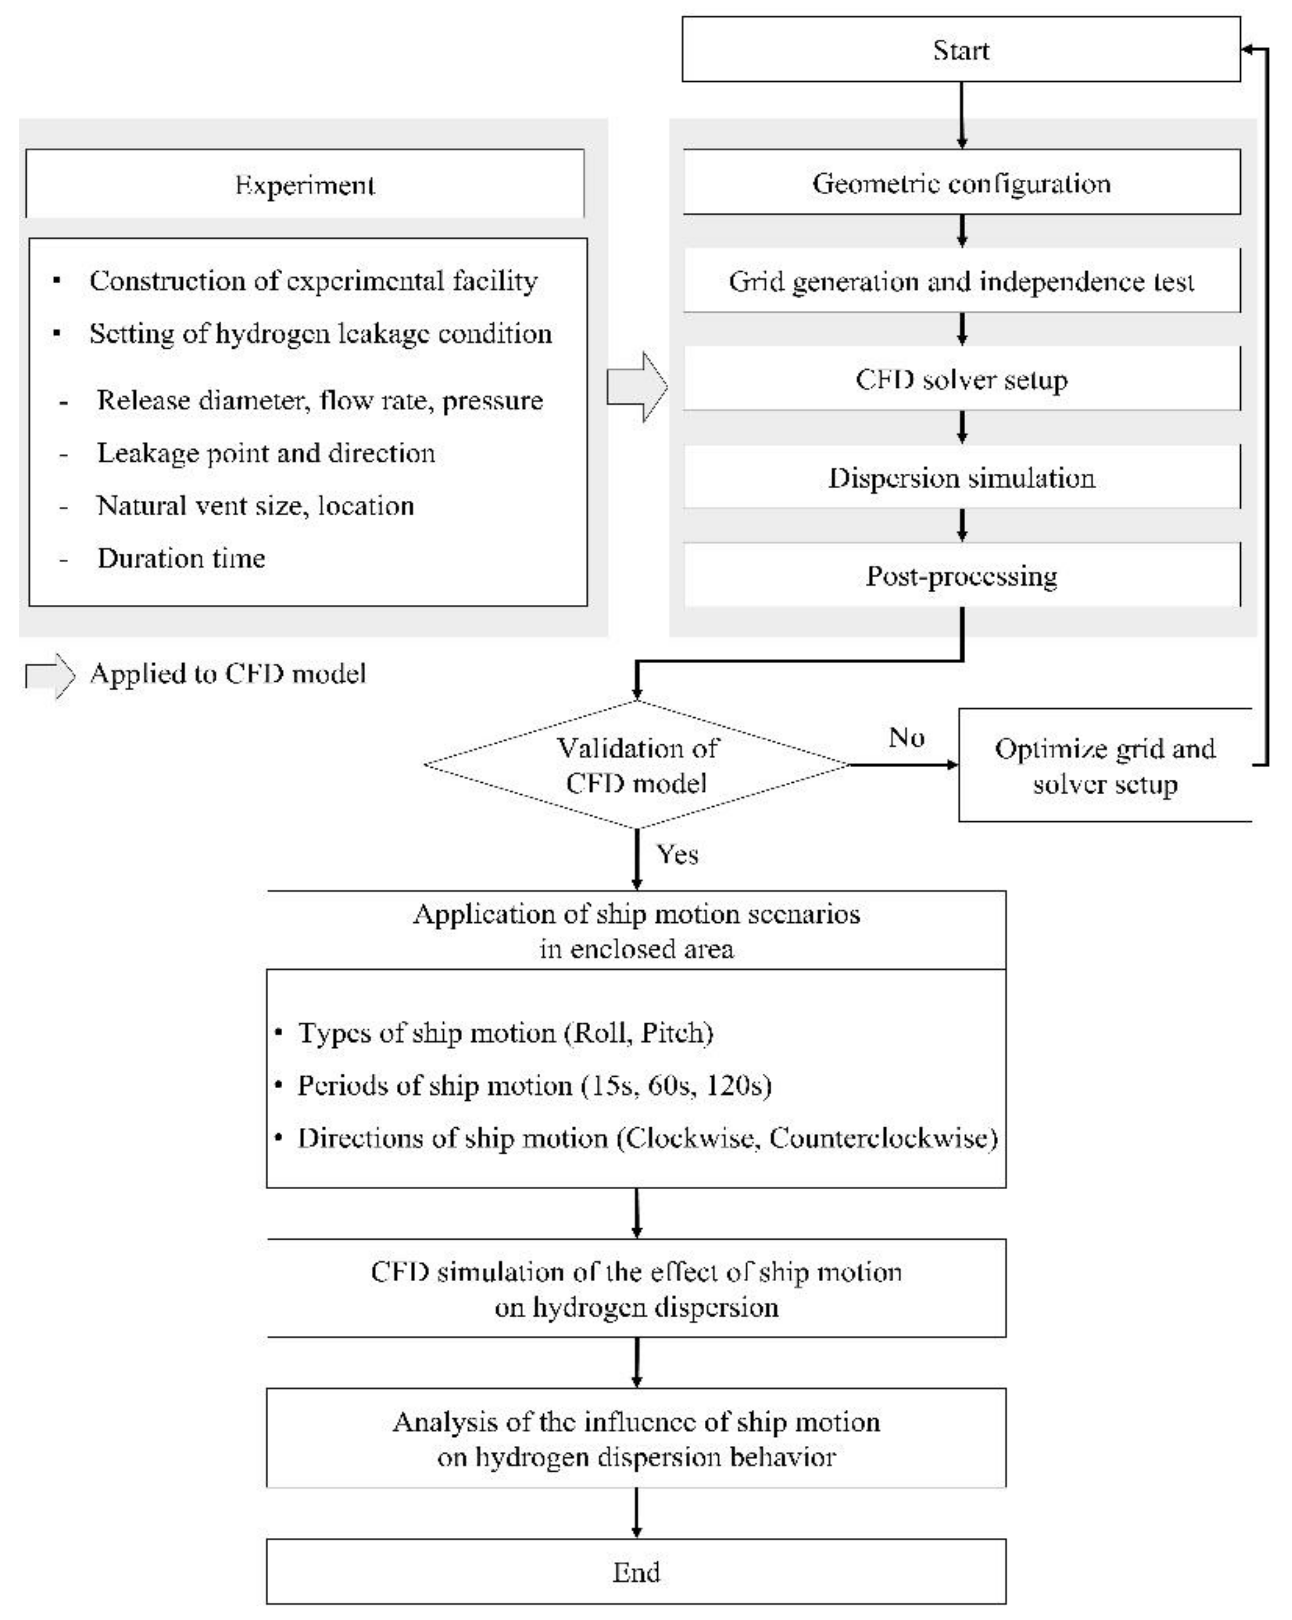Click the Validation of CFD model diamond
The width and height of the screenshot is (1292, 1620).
pyautogui.click(x=636, y=765)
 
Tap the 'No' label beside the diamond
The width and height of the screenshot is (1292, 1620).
pyautogui.click(x=905, y=737)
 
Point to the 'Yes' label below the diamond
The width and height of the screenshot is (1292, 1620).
pyautogui.click(x=677, y=854)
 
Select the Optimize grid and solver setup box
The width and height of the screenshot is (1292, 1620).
pyautogui.click(x=1104, y=766)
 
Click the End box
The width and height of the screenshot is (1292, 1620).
pyautogui.click(x=636, y=1572)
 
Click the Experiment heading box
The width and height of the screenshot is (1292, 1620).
pyautogui.click(x=304, y=184)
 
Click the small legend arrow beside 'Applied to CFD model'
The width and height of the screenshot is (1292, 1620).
pyautogui.click(x=50, y=675)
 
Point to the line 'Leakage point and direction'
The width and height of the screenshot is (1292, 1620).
pyautogui.click(x=266, y=453)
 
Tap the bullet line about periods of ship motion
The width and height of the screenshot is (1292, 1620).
pyautogui.click(x=534, y=1085)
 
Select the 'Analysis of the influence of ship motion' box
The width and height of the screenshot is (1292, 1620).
pyautogui.click(x=636, y=1439)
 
